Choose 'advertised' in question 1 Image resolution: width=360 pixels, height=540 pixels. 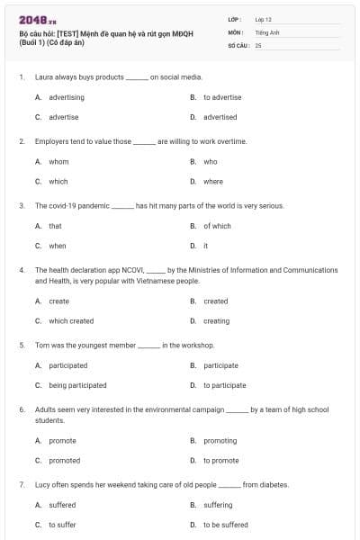220,117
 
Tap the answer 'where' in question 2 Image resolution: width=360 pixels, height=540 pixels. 212,182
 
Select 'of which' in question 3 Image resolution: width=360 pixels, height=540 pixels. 216,226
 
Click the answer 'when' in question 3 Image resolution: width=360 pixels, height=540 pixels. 57,246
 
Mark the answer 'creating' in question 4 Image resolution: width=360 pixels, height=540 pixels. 216,321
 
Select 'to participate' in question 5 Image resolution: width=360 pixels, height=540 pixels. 224,385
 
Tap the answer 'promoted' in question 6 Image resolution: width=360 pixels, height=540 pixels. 64,461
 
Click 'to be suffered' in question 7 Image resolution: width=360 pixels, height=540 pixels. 225,525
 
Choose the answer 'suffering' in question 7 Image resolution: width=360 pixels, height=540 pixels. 220,505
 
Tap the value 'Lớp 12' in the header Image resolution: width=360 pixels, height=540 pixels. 263,19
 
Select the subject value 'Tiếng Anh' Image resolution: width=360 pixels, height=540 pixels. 266,31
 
